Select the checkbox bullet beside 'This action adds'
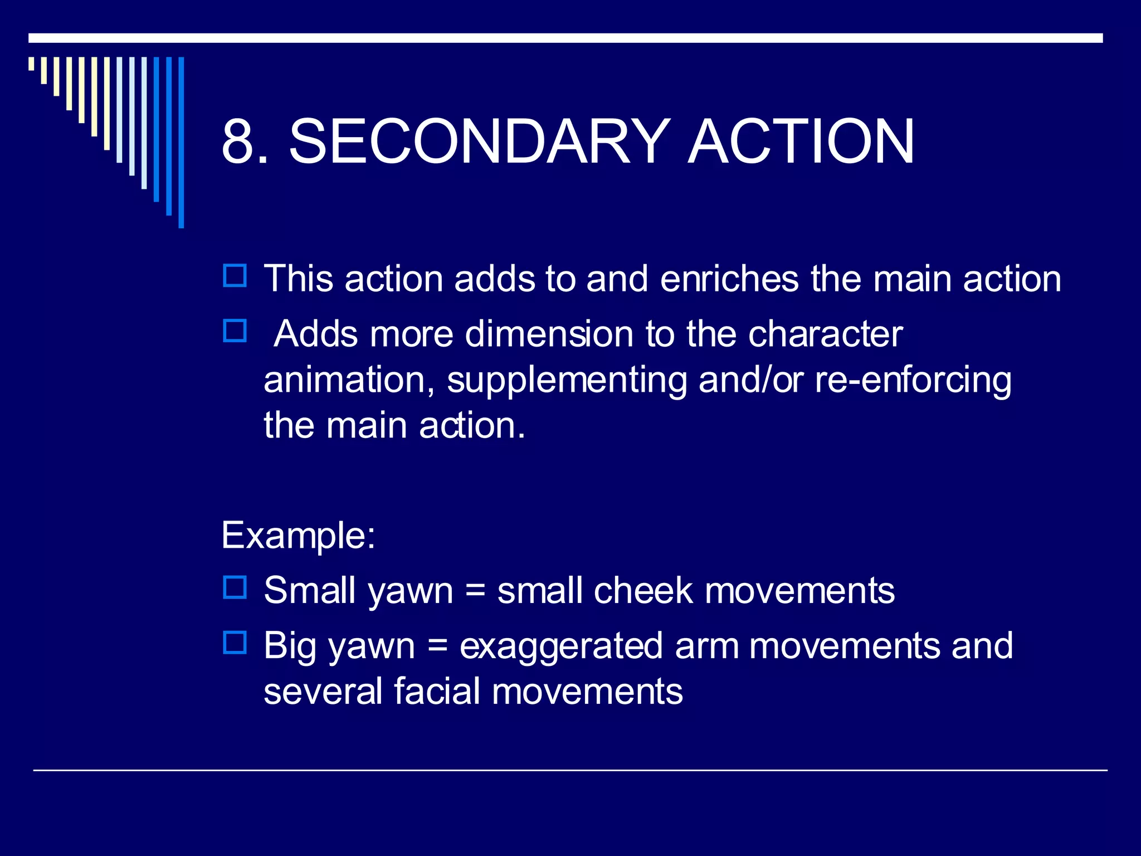coord(235,276)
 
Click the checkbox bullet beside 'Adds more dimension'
coord(235,331)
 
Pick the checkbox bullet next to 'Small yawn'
coord(235,587)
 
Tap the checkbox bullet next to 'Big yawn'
coord(235,643)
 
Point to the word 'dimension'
coord(549,334)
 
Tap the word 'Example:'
coord(299,536)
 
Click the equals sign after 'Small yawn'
coord(475,591)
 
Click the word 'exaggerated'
coord(561,646)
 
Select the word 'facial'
coord(437,691)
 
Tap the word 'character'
coord(825,334)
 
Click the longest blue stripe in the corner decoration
coord(181,142)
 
